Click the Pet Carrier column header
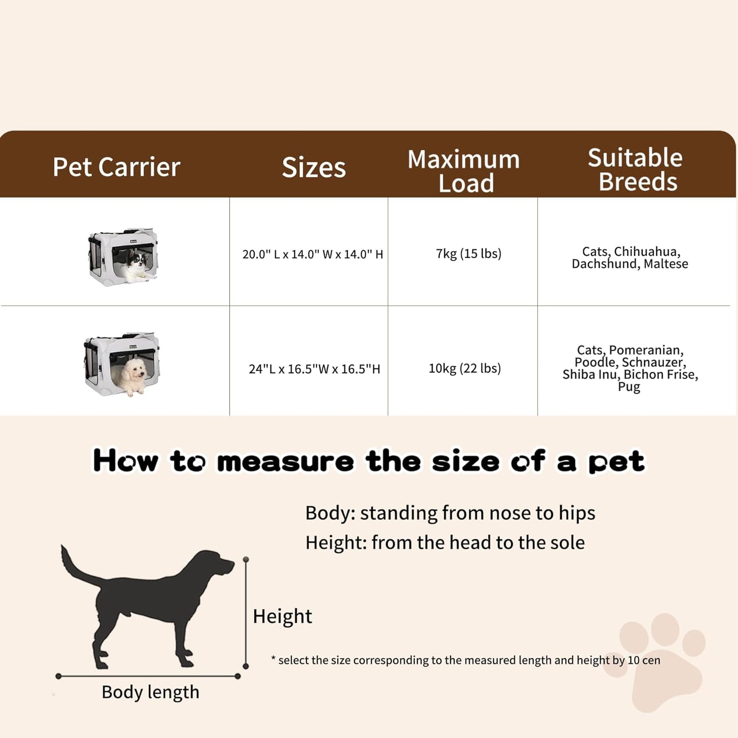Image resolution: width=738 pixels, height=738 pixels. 116,167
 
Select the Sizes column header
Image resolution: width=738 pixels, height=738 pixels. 314,168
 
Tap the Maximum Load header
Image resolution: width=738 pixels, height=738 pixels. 464,171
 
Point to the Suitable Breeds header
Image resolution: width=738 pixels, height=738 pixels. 636,170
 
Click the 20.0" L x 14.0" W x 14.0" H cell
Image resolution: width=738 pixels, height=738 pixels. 313,254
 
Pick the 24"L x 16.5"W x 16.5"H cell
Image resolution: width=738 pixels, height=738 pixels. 314,369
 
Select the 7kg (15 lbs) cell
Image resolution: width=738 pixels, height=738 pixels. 468,253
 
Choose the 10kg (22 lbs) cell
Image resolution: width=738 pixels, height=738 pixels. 464,368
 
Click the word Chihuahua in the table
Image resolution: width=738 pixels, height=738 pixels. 647,251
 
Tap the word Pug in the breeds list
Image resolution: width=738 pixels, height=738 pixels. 629,387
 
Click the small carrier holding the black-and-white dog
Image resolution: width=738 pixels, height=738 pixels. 124,257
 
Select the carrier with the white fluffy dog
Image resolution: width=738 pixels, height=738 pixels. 122,364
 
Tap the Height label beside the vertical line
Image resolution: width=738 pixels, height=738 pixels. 282,616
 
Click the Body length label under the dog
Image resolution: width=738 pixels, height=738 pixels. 150,692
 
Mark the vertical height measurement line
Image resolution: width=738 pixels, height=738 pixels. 246,613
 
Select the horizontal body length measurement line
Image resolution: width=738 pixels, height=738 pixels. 148,676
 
